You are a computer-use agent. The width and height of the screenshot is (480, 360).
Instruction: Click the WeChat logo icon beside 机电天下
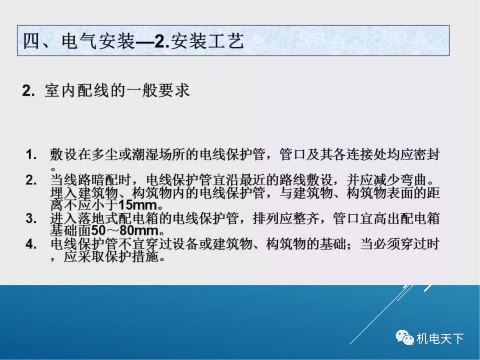pos(404,338)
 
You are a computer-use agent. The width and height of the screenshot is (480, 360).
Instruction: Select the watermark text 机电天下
pos(440,339)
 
